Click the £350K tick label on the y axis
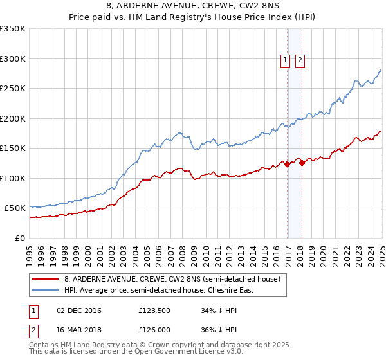[x=13, y=29]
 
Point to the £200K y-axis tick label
[x=13, y=118]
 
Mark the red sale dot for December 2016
[x=287, y=165]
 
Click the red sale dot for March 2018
[x=302, y=163]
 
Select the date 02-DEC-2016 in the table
[x=79, y=311]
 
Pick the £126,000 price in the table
[x=154, y=329]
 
